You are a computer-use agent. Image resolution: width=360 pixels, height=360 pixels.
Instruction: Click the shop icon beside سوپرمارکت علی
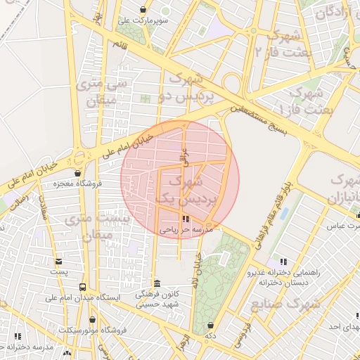tap(144, 11)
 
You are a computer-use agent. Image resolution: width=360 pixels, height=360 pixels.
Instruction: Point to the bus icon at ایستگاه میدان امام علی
tap(83, 287)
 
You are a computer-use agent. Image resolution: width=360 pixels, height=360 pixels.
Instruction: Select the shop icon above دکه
tap(210, 326)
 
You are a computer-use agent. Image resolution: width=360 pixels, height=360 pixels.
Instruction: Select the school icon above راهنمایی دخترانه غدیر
tap(283, 262)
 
